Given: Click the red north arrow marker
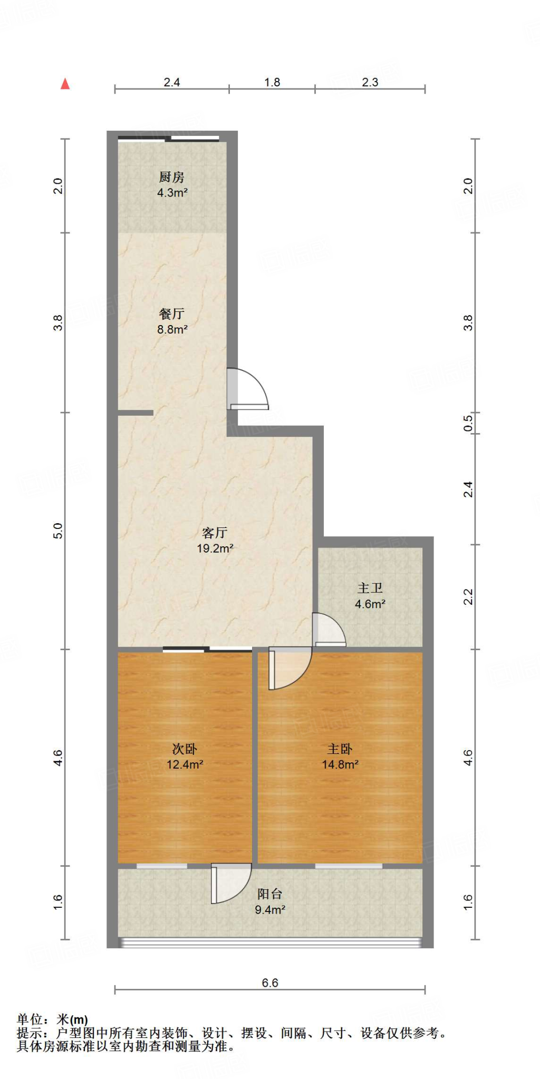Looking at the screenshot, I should pos(65,84).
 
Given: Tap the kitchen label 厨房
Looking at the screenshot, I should pos(172,178).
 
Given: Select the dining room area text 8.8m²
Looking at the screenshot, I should pos(172,330).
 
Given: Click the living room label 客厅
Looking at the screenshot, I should pos(215,533).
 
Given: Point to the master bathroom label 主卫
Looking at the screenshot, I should pos(370,588).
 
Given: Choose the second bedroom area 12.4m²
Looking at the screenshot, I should pos(185,764).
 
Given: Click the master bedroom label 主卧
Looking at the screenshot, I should pos(340,749).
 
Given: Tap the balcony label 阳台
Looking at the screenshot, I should pos(269,894).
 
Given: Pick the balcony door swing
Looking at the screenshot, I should pos(231,884).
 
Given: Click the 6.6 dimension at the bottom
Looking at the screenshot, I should pos(269,983).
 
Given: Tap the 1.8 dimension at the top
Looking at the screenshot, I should pos(272,82).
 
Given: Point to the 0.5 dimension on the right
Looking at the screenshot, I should pos(468,423).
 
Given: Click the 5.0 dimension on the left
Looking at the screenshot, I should pos(58,531).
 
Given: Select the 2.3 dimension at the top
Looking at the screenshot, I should pos(370,82).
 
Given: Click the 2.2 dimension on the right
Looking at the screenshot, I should pos(468,597).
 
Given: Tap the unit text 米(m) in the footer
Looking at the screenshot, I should pos(72,1020).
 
